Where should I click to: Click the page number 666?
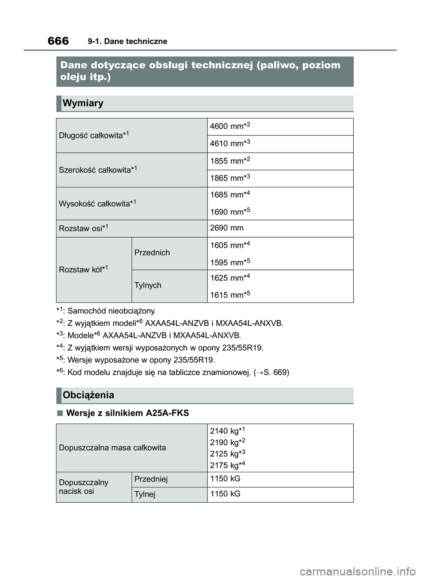(58, 41)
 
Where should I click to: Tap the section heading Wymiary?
(83, 103)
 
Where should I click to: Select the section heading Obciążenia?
(89, 395)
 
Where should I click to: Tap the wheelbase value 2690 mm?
(226, 228)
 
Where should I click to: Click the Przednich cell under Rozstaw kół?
(152, 253)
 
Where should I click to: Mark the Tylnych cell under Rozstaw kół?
(148, 285)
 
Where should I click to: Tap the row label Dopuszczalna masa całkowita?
(112, 448)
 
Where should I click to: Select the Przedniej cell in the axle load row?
(151, 479)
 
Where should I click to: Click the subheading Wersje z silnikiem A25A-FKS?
(127, 413)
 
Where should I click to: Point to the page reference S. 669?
(276, 372)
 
